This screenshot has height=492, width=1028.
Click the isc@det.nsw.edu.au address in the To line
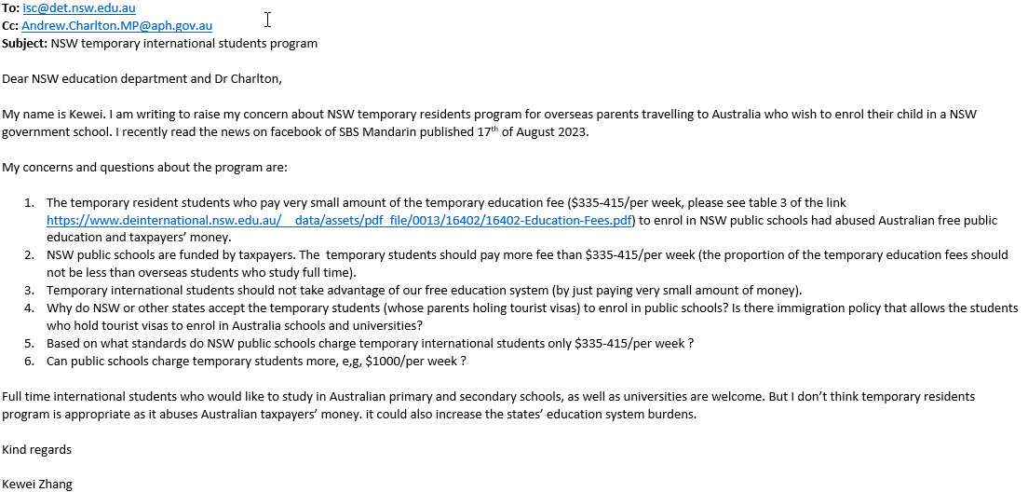(79, 8)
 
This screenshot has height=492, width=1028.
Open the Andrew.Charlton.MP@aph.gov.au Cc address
(116, 26)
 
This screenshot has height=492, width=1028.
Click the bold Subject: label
(24, 43)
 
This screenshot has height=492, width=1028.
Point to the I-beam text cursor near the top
(268, 20)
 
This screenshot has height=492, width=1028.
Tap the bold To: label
(10, 8)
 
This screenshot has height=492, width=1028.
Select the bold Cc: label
(10, 26)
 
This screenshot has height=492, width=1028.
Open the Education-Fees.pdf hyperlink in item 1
(339, 221)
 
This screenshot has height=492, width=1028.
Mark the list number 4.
(29, 307)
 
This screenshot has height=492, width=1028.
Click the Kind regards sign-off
(36, 449)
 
